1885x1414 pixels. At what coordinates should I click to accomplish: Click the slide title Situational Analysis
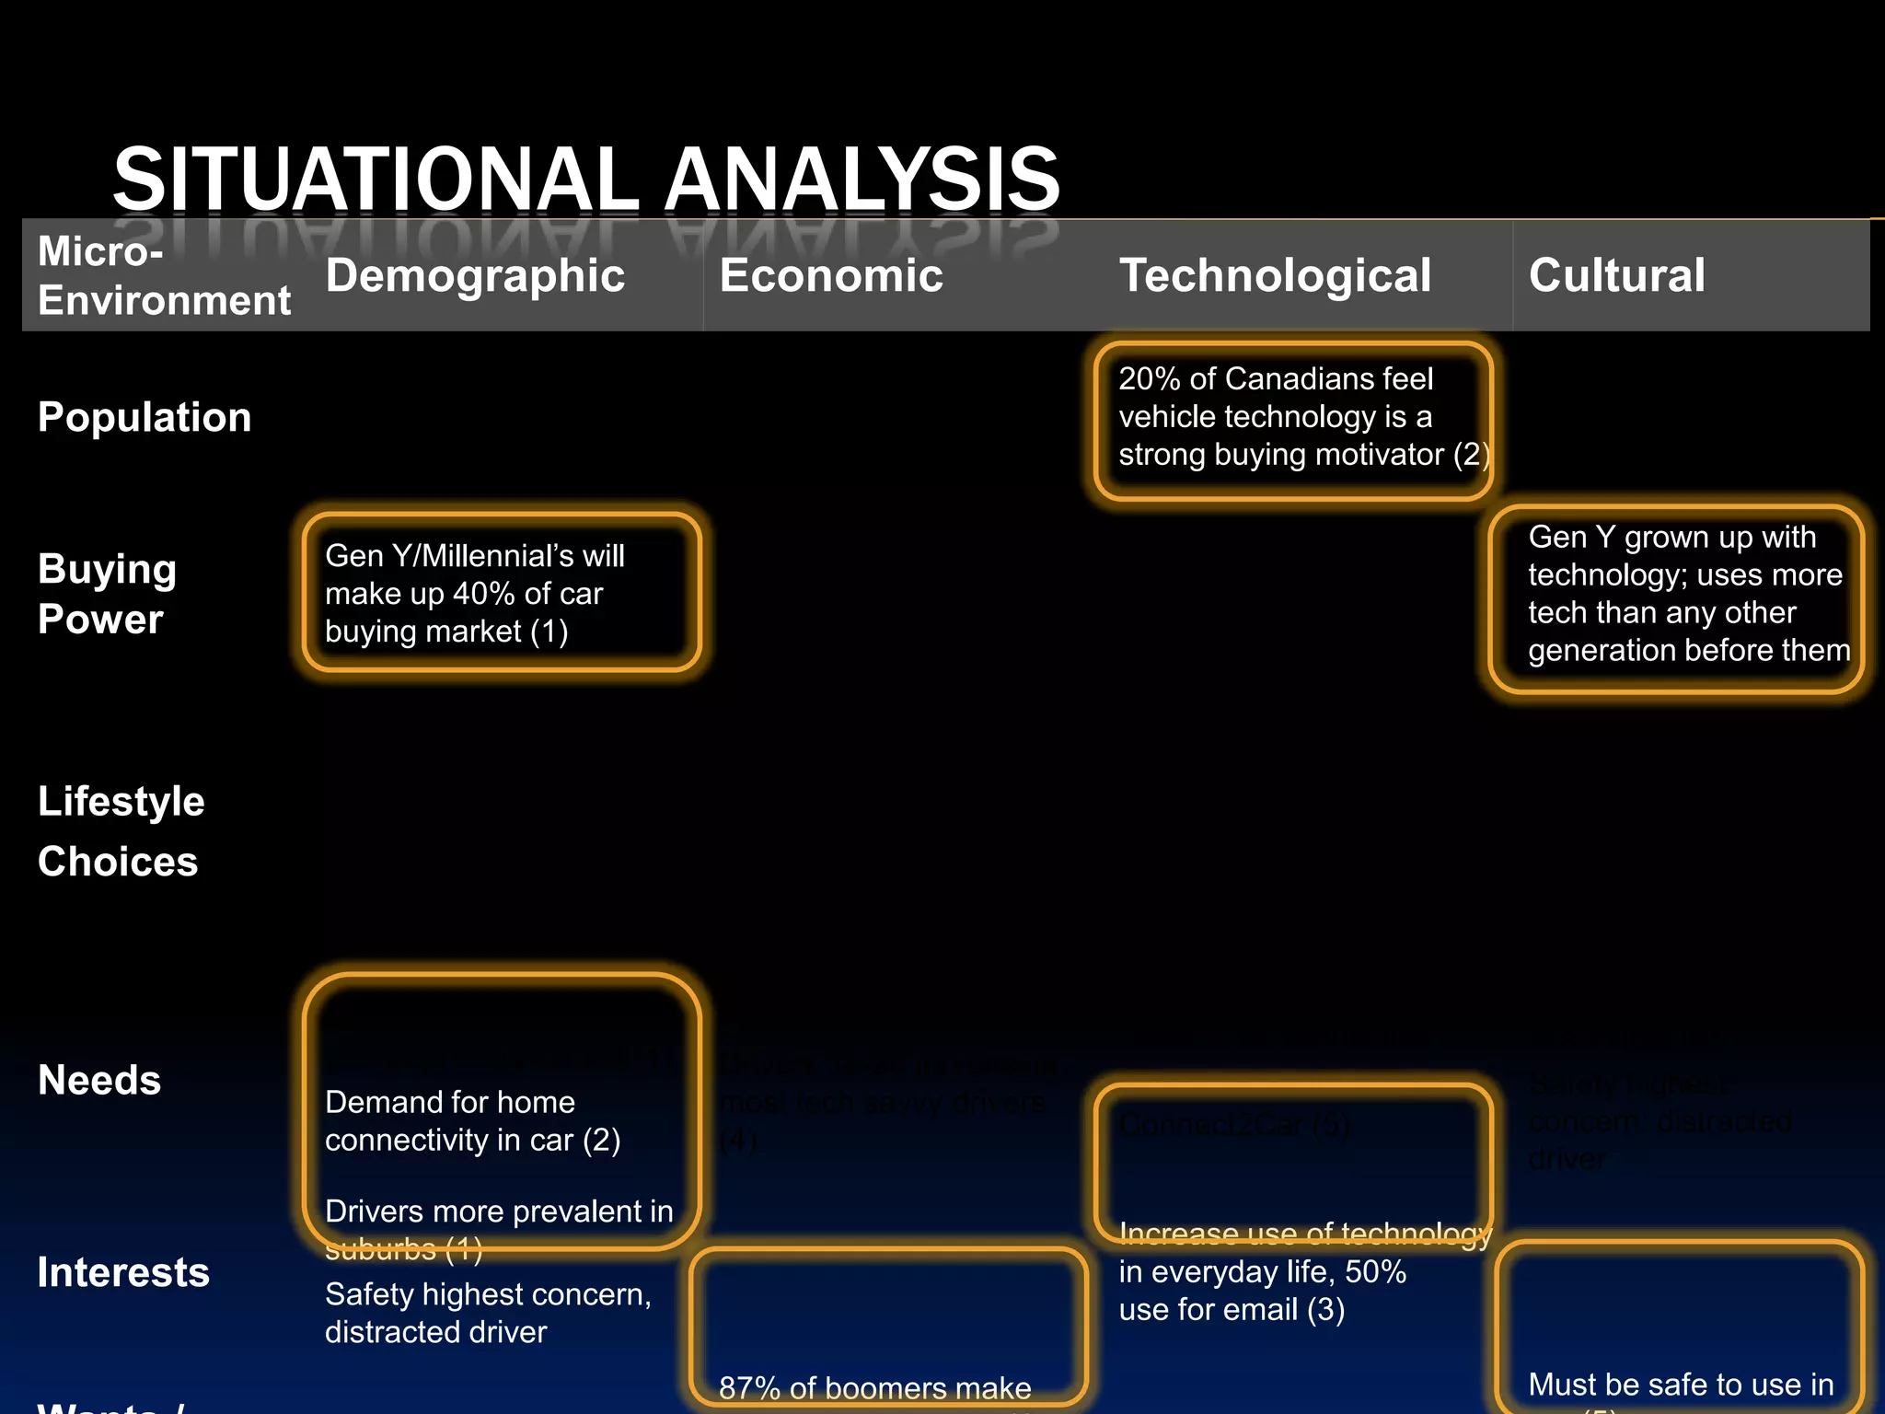586,179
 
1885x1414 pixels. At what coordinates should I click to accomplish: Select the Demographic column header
475,275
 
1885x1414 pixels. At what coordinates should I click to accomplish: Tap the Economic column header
831,275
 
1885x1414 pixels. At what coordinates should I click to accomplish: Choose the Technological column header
1275,275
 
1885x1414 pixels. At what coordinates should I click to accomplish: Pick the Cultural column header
1616,275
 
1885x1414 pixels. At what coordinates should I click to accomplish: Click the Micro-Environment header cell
164,276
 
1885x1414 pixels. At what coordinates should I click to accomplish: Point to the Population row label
145,417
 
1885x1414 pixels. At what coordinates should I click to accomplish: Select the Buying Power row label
107,594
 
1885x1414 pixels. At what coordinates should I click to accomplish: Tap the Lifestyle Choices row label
121,831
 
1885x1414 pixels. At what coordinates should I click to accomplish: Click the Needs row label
99,1080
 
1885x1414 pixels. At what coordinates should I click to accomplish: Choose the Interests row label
123,1272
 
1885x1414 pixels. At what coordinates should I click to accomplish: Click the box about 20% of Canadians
1292,417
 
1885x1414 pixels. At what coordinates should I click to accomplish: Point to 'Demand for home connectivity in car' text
472,1121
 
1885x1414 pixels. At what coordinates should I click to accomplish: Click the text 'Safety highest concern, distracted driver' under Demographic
488,1313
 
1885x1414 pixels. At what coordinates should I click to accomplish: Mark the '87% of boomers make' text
874,1387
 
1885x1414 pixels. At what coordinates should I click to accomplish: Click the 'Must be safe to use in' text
1681,1384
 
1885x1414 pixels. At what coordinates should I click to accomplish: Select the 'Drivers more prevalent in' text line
499,1211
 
